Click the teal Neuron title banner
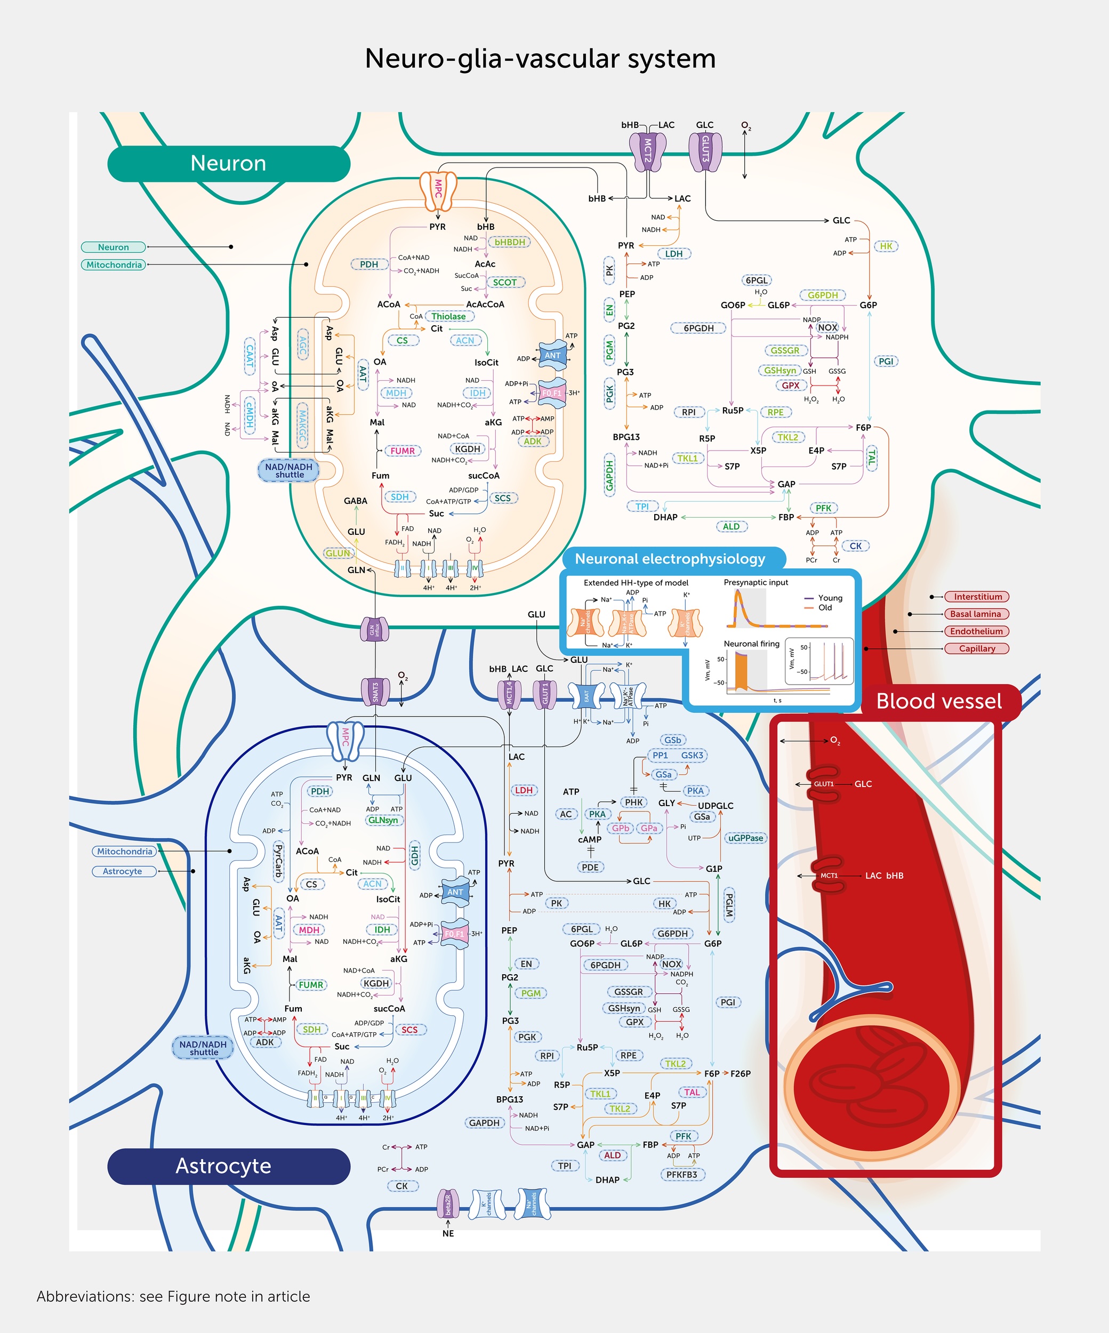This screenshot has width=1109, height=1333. tap(229, 163)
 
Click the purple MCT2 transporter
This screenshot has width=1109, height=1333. tap(647, 151)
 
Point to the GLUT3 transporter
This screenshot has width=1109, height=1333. tap(705, 151)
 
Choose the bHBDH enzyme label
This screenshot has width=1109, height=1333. tap(510, 242)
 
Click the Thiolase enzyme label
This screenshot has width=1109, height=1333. tap(448, 316)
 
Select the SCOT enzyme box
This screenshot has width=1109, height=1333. tap(505, 283)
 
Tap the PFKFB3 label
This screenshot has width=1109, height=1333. tap(682, 1174)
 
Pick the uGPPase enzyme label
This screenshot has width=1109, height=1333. tap(745, 838)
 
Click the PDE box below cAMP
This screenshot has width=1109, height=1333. tap(590, 867)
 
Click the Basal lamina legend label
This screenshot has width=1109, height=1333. tap(975, 614)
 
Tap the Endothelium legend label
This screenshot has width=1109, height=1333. tap(976, 631)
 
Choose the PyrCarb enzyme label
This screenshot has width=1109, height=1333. tap(278, 860)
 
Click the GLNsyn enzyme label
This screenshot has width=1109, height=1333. tap(383, 820)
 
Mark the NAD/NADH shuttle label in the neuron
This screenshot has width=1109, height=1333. tap(289, 470)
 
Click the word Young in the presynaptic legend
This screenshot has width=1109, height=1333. tap(830, 598)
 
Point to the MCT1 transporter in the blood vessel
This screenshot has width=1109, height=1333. tap(829, 876)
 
